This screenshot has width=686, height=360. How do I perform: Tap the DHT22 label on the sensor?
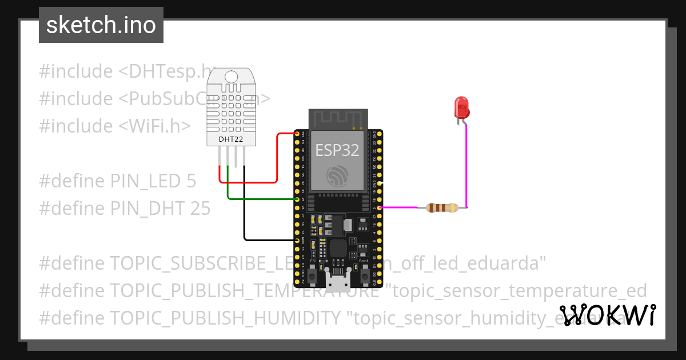click(x=231, y=139)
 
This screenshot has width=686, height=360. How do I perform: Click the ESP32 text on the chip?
click(x=337, y=150)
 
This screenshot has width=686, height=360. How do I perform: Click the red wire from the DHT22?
click(x=277, y=160)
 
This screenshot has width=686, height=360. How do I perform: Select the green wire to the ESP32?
click(x=257, y=199)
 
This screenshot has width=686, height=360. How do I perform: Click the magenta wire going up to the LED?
click(x=467, y=166)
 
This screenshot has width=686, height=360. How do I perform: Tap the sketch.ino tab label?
click(x=101, y=25)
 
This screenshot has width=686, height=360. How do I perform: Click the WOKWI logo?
click(x=607, y=315)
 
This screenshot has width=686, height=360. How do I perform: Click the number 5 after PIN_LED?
click(x=191, y=181)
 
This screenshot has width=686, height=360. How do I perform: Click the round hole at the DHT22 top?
click(x=231, y=77)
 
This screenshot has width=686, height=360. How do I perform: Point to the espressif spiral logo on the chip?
click(x=337, y=175)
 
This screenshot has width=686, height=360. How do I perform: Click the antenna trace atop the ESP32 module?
click(x=337, y=119)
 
